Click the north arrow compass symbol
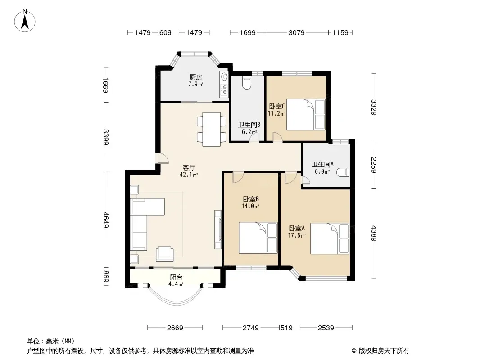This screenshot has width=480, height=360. point(25,21)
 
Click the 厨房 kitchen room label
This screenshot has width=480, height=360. point(195,77)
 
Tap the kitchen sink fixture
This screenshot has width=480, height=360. point(224,76)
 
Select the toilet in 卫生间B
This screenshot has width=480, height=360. point(246,83)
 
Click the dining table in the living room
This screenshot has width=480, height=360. point(212,129)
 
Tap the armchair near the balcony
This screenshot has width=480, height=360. point(165,254)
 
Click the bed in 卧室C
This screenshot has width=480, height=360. point(306,114)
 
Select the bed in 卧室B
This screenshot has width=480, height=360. point(258,238)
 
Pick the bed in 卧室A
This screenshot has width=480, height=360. point(330,238)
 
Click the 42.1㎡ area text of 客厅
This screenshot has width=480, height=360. point(189,175)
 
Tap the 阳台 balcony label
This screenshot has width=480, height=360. point(176,277)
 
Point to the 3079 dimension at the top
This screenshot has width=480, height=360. point(296,32)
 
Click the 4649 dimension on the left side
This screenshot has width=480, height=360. point(106,220)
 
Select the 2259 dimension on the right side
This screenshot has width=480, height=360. point(374,165)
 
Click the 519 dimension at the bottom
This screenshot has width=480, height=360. point(286,328)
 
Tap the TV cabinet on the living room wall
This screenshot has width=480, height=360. point(217,229)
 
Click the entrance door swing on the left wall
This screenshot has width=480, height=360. point(162,158)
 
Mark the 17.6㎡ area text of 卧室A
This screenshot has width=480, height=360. point(297,235)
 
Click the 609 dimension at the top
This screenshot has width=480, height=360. point(165,32)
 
